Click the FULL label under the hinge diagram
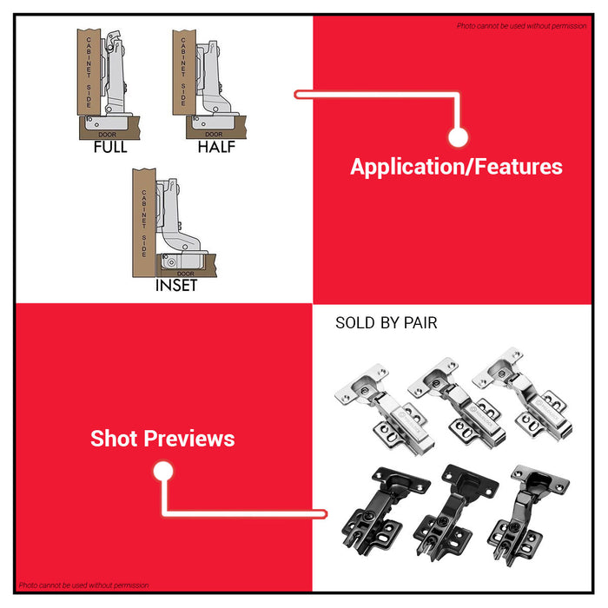pyautogui.click(x=110, y=147)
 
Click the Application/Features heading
pyautogui.click(x=456, y=167)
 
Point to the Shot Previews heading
pyautogui.click(x=162, y=439)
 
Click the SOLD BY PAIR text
pyautogui.click(x=386, y=323)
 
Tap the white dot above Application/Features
pyautogui.click(x=458, y=137)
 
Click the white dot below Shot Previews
pyautogui.click(x=162, y=472)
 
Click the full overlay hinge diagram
pyautogui.click(x=109, y=83)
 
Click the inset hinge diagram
pyautogui.click(x=169, y=221)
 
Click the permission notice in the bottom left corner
pyautogui.click(x=83, y=585)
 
